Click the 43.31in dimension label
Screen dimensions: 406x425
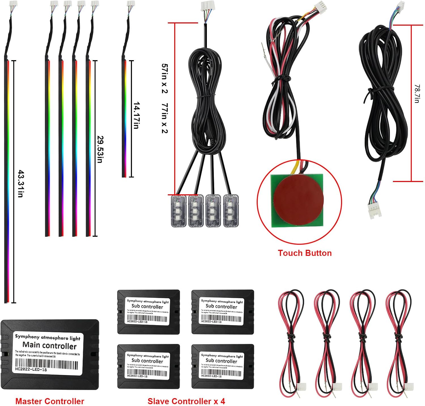(20, 183)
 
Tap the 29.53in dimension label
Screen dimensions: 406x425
(100, 149)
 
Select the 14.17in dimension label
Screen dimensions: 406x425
(136, 115)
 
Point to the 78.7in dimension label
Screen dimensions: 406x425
(417, 94)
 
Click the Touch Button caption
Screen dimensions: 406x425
(305, 253)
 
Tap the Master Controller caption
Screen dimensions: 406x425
(50, 401)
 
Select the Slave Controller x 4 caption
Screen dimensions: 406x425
(186, 401)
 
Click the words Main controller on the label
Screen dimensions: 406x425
(49, 346)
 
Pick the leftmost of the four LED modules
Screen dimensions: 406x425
(178, 211)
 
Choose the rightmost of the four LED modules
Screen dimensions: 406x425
(231, 211)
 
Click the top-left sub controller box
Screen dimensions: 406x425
(148, 312)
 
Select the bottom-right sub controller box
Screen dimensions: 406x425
(222, 366)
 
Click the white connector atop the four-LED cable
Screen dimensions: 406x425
(206, 6)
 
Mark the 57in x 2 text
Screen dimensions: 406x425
(165, 79)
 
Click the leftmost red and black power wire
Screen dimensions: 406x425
(291, 340)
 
